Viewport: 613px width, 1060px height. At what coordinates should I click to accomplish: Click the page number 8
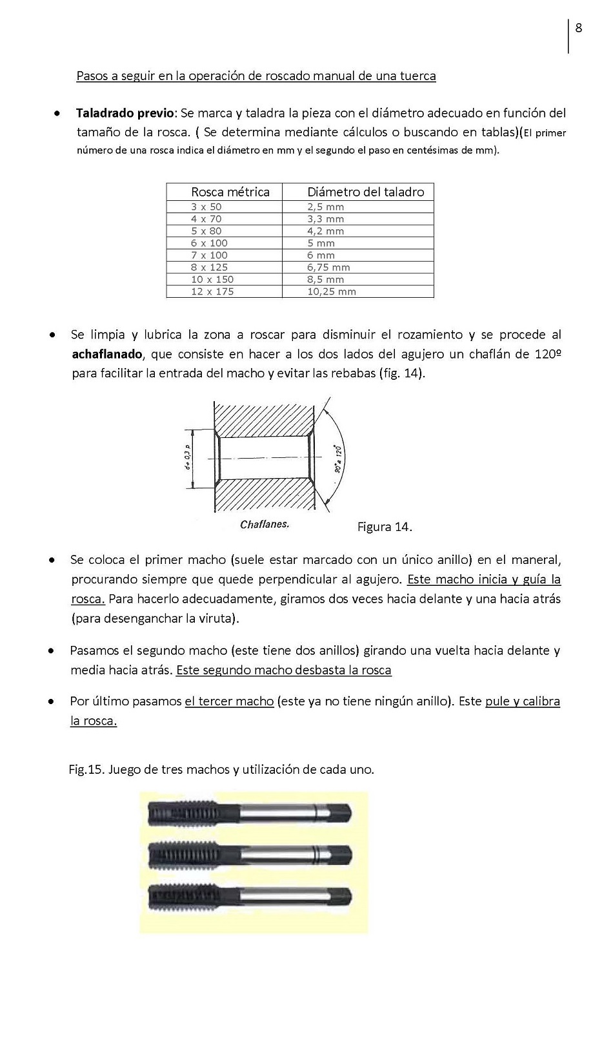579,28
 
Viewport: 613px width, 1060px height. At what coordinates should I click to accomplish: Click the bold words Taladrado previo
125,113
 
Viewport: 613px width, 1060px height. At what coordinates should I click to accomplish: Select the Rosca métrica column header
230,192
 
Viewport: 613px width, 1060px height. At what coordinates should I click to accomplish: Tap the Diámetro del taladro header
365,192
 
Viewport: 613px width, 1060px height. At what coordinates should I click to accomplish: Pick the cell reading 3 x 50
206,207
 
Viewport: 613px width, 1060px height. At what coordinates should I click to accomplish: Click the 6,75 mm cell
328,267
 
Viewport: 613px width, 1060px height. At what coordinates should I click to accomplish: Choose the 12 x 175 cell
212,291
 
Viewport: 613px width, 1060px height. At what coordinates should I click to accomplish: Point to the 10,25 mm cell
331,291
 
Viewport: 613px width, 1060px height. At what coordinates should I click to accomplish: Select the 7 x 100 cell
209,255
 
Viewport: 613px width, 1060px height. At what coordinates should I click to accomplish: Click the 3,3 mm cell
325,219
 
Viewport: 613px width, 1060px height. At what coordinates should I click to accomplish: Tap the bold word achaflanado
106,354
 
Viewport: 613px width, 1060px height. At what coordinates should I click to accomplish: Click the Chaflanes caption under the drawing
265,525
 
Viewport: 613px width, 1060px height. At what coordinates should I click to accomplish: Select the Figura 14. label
385,527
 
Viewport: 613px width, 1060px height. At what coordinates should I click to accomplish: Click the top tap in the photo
250,813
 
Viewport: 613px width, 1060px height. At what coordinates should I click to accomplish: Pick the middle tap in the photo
250,855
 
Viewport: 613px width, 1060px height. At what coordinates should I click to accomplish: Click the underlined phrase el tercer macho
229,701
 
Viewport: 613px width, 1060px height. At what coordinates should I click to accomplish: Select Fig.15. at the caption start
86,769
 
